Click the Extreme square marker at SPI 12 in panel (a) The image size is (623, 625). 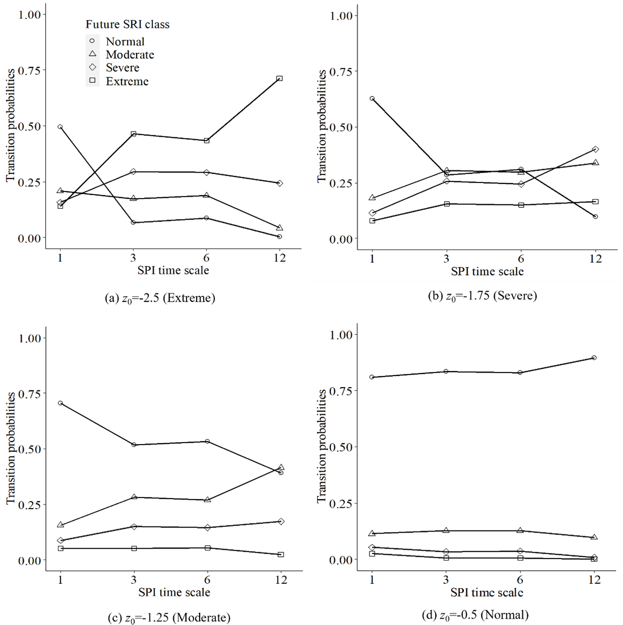(x=279, y=79)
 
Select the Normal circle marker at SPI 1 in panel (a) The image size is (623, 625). (x=60, y=127)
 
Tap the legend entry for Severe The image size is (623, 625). (x=122, y=68)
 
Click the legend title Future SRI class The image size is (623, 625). (x=127, y=24)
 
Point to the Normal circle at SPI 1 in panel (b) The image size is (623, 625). (x=372, y=99)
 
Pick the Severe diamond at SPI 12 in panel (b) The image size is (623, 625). (x=595, y=149)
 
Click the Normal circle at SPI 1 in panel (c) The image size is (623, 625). (x=60, y=403)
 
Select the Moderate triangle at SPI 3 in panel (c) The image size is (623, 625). (x=134, y=497)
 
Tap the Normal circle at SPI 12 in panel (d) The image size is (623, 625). (x=594, y=358)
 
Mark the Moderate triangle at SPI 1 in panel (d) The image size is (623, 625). (x=372, y=533)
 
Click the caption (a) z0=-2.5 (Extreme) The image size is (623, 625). (x=160, y=298)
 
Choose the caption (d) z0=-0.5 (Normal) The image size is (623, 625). (x=475, y=615)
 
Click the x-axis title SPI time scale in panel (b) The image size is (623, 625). (x=487, y=272)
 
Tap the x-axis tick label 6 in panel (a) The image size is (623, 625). (x=206, y=258)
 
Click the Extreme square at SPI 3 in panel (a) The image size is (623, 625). (x=134, y=134)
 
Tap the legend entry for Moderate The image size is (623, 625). (x=130, y=55)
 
